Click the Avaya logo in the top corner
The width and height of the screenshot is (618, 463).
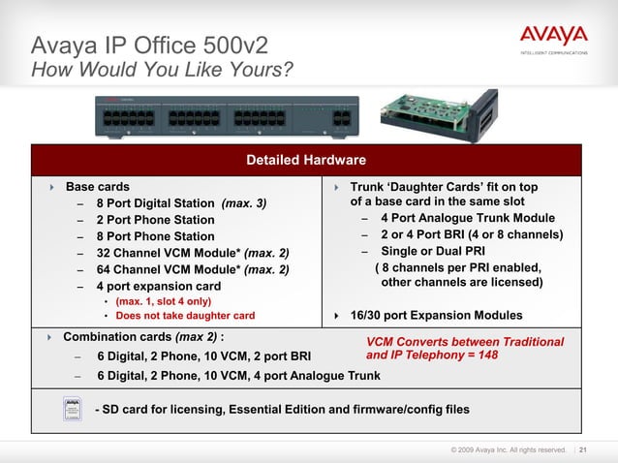point(553,37)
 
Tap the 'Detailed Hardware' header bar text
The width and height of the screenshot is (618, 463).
point(306,159)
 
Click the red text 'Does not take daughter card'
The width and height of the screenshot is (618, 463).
point(185,316)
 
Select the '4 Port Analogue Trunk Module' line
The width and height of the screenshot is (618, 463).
point(467,218)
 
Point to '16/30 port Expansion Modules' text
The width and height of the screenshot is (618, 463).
point(436,316)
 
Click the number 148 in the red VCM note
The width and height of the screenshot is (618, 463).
point(487,355)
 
